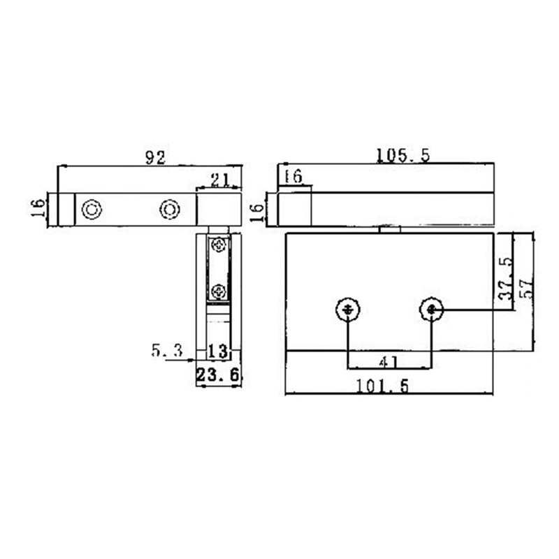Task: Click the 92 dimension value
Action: click(x=155, y=158)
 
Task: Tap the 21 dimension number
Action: click(x=220, y=180)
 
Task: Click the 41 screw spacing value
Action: click(x=388, y=361)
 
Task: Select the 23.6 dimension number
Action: click(x=218, y=375)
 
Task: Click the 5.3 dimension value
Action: click(x=166, y=350)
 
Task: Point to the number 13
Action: click(x=218, y=350)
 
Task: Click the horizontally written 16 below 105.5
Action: click(x=294, y=177)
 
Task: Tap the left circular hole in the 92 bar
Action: click(x=92, y=209)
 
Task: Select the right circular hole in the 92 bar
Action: click(x=169, y=209)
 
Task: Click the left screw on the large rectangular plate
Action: click(x=347, y=309)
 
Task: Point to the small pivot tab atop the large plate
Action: click(x=389, y=228)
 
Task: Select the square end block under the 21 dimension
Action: click(x=219, y=209)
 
